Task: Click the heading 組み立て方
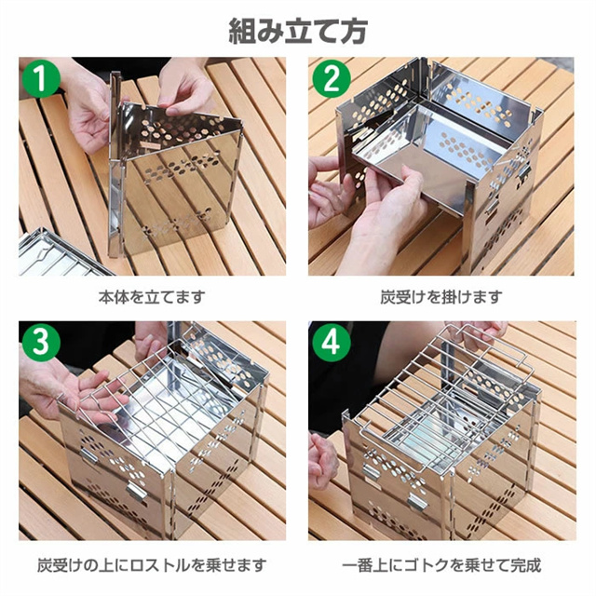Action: click(x=298, y=31)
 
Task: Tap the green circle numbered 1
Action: click(x=41, y=78)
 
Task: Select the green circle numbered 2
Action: click(x=332, y=78)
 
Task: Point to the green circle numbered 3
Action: click(x=41, y=343)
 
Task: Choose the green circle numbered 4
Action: click(x=332, y=343)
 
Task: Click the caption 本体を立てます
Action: click(x=152, y=297)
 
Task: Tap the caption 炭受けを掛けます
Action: click(x=441, y=297)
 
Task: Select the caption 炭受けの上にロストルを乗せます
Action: click(x=152, y=565)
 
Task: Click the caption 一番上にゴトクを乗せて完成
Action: click(x=441, y=565)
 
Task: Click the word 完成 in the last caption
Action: click(x=525, y=565)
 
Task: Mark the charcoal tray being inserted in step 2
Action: click(x=429, y=152)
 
